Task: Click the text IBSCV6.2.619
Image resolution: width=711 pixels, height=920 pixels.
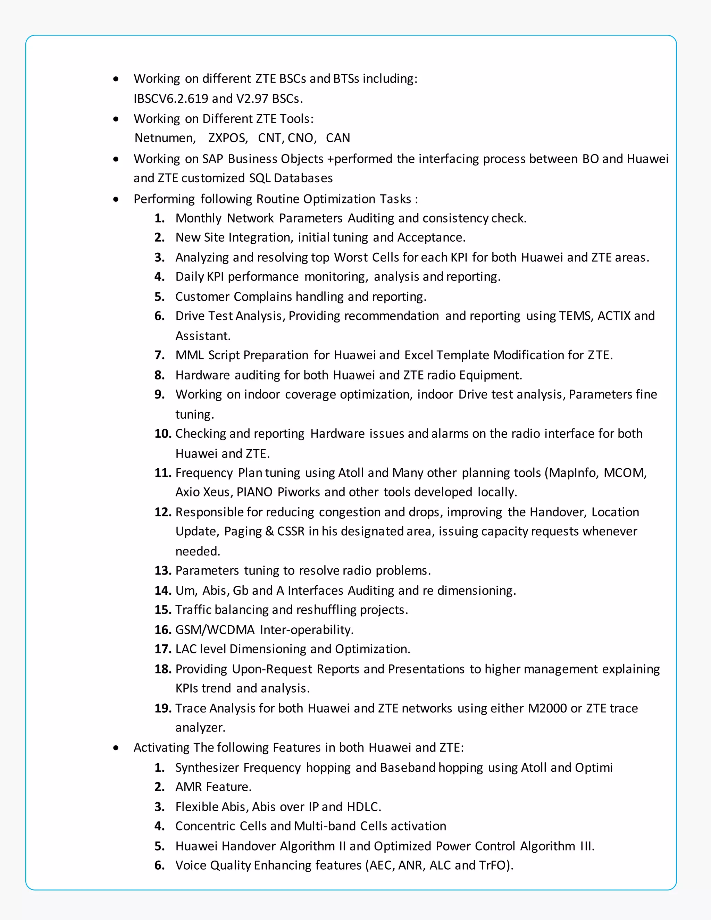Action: coord(170,99)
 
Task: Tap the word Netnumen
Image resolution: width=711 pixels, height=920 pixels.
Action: coord(165,138)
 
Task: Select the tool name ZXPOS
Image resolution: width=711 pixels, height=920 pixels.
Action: coord(227,138)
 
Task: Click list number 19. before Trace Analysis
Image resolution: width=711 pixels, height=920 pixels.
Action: coord(162,708)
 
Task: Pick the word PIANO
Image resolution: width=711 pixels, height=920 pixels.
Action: coord(254,492)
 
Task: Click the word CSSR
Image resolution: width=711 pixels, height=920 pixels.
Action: coord(291,531)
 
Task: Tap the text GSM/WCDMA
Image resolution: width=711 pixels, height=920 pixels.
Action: coord(215,630)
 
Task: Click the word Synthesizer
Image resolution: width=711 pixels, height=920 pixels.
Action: coord(207,768)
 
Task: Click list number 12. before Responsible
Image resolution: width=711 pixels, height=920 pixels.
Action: coord(162,512)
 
